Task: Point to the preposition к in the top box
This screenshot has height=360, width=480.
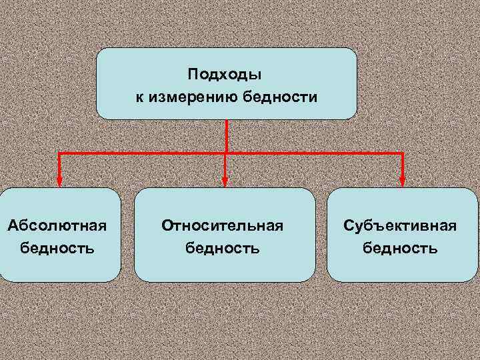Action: coord(140,98)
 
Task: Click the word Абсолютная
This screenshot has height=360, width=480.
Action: coord(57,225)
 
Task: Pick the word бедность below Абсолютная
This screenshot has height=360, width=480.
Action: coord(57,249)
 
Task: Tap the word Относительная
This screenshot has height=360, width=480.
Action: coord(223,225)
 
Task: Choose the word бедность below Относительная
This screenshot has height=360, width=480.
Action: coord(223,249)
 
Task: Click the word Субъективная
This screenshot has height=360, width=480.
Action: coord(400,225)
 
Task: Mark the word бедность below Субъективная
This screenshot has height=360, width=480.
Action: coord(400,249)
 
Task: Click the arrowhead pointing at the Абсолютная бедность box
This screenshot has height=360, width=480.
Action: coord(59,181)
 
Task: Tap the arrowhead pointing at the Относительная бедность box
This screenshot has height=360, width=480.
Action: coord(225,181)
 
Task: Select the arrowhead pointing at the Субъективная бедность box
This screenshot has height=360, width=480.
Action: coord(403,181)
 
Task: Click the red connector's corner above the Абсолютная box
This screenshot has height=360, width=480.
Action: coord(59,153)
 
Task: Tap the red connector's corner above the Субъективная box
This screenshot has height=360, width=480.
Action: coord(403,153)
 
